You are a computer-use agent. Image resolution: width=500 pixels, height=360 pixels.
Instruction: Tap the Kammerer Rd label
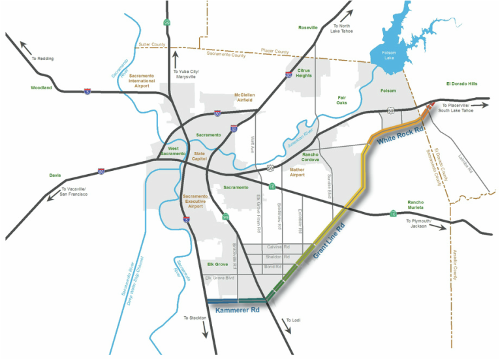click(238, 311)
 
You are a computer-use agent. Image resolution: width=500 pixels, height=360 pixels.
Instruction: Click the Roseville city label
click(308, 27)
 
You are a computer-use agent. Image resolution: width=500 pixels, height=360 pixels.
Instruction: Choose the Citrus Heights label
click(304, 72)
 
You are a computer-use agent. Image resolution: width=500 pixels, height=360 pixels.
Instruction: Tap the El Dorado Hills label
click(462, 83)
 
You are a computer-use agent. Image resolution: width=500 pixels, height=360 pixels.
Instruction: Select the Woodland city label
click(40, 87)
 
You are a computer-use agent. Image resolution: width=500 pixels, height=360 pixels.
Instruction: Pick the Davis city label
click(55, 175)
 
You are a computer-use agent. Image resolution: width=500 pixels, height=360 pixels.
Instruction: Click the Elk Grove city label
click(217, 264)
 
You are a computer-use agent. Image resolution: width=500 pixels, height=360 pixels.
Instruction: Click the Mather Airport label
click(297, 172)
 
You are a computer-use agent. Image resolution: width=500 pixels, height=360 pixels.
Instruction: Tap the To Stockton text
click(195, 318)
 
